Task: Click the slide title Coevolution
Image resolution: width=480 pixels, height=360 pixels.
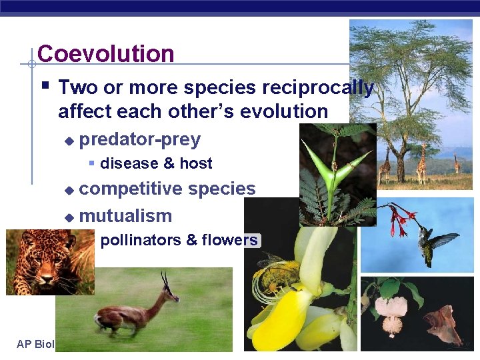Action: click(106, 53)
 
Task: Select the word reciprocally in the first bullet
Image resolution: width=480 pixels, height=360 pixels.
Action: click(317, 87)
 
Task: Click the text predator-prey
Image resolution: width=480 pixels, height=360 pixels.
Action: click(139, 139)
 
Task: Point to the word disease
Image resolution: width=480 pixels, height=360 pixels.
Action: click(129, 163)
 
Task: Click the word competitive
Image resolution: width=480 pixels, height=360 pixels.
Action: click(130, 189)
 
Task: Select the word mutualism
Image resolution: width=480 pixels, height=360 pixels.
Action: click(125, 216)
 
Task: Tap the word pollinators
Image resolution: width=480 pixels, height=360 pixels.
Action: click(139, 240)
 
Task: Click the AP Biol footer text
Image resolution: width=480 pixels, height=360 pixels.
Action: click(35, 344)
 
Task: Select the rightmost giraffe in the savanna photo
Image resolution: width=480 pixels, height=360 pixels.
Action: click(457, 163)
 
